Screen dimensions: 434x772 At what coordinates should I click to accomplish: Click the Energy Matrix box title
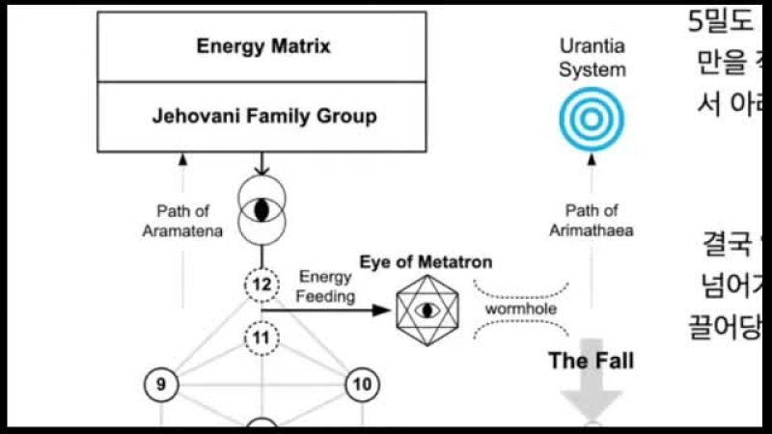(263, 46)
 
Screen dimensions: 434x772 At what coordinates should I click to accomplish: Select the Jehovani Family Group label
(263, 117)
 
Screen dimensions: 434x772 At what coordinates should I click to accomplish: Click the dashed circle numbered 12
(261, 285)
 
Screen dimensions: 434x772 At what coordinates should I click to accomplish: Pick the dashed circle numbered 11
(261, 339)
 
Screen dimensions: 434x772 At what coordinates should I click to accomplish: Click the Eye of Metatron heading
(426, 262)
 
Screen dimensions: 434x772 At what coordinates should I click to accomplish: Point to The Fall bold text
(591, 361)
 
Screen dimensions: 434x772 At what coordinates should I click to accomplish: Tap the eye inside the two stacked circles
(261, 209)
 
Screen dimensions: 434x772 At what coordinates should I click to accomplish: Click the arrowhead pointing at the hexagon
(389, 311)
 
